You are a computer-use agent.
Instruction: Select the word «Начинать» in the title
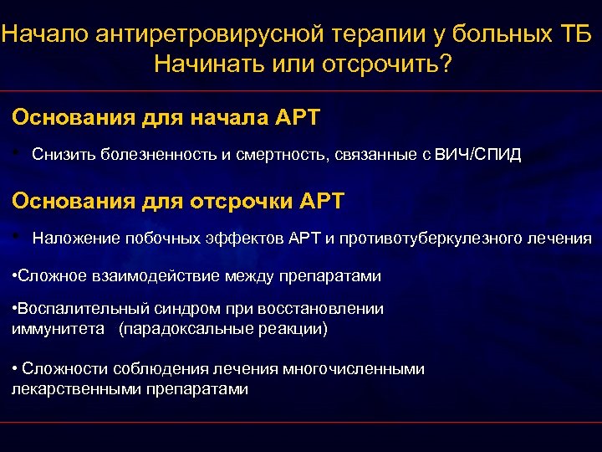(204, 64)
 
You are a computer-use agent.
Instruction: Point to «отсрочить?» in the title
(392, 64)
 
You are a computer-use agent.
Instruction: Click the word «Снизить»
(64, 155)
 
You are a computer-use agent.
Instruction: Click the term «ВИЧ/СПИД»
(477, 155)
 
